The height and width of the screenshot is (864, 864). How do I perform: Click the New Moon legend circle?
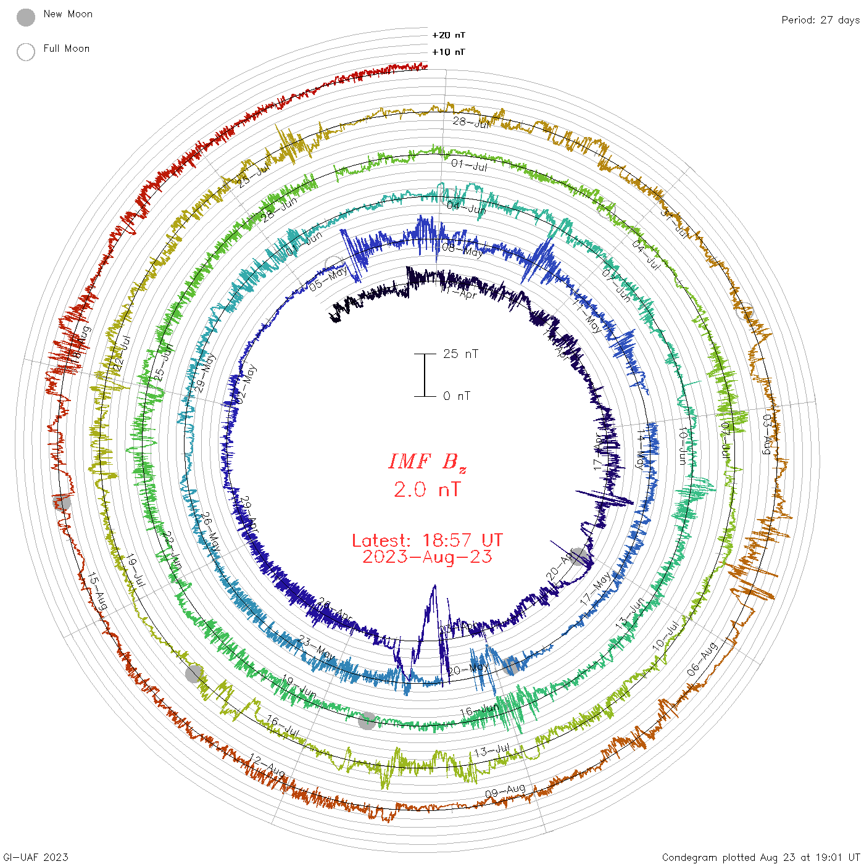click(26, 18)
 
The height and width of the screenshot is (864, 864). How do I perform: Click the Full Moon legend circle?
click(26, 52)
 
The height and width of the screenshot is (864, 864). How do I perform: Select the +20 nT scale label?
click(449, 35)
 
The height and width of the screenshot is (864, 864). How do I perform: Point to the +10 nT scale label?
click(449, 52)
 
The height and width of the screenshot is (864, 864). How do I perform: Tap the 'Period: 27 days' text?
click(820, 20)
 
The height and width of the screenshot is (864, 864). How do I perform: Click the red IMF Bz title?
click(427, 462)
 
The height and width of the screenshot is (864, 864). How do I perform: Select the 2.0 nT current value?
click(427, 490)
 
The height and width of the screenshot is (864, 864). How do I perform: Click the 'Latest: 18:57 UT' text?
click(427, 541)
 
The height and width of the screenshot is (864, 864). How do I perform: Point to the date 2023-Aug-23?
click(427, 557)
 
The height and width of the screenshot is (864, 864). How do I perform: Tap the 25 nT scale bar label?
click(460, 354)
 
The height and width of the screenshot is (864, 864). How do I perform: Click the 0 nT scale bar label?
click(457, 396)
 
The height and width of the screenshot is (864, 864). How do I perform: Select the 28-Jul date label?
click(471, 122)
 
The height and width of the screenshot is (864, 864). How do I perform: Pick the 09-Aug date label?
click(505, 791)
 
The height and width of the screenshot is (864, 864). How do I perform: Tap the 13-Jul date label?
click(492, 751)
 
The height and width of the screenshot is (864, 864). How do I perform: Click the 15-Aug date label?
click(98, 591)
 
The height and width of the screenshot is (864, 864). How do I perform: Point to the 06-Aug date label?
click(702, 658)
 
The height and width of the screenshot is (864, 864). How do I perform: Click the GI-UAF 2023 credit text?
click(36, 857)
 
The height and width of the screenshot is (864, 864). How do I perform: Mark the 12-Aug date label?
click(267, 766)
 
